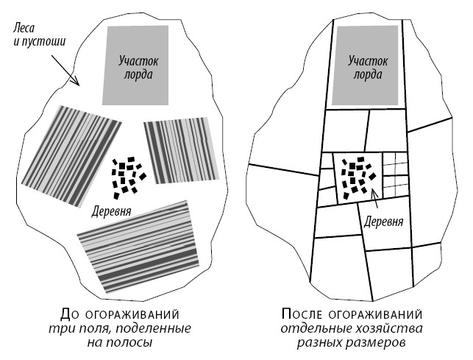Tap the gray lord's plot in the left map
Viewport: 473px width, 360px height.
(x=138, y=65)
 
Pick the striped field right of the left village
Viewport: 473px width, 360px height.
(x=182, y=149)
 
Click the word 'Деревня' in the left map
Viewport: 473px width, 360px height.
(x=112, y=211)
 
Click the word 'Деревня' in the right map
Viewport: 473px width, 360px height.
(x=384, y=221)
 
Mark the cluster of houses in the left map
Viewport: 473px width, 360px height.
(x=127, y=177)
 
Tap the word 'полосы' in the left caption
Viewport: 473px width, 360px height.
(x=132, y=342)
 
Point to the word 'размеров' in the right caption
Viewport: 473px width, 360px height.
(x=381, y=342)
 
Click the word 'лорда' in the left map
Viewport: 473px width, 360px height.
(x=138, y=75)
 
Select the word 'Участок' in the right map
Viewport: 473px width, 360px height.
(x=367, y=61)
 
